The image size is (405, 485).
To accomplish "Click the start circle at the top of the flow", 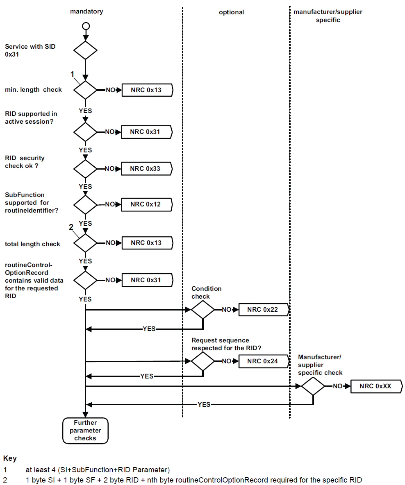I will (85, 26).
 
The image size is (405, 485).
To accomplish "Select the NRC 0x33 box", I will (146, 168).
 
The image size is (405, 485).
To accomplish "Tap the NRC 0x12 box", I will (146, 204).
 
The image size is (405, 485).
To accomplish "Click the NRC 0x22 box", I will (263, 310).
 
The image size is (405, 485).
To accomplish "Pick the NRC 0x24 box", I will (263, 361).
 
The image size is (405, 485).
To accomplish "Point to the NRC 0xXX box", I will (375, 386).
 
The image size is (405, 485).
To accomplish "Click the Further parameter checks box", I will (85, 431).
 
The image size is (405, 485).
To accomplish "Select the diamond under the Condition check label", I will (203, 310).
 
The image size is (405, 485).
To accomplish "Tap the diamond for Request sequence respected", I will (203, 361).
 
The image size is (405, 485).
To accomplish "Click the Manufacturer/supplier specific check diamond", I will (313, 386).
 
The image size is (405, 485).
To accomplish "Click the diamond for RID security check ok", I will (85, 168).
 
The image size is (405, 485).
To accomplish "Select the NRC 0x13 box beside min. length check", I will (146, 90).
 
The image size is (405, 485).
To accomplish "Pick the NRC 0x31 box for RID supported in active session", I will (146, 132).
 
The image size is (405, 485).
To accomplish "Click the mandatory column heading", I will (86, 11).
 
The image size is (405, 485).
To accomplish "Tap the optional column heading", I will (231, 12).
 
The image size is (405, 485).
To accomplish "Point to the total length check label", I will (32, 244).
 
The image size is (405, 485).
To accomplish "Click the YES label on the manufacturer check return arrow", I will (204, 404).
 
